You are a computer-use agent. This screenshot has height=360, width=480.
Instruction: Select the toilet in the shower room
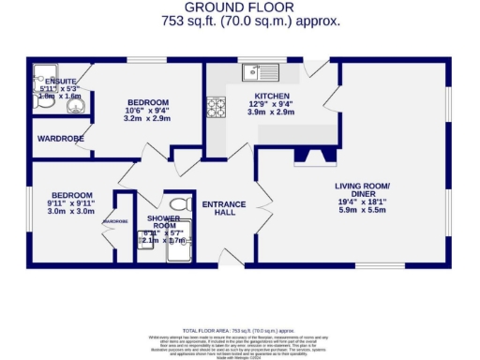tap(180, 203)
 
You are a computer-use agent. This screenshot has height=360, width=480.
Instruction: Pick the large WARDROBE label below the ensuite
tap(61, 139)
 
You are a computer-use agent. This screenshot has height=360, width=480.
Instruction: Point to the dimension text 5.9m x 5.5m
tap(362, 209)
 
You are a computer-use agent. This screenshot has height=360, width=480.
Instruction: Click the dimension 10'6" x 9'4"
tap(147, 111)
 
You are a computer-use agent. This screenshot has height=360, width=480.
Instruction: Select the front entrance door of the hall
tap(225, 255)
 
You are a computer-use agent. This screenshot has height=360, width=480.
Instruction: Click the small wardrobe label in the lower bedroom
tap(115, 221)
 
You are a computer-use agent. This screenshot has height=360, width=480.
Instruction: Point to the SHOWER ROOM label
tap(162, 222)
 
